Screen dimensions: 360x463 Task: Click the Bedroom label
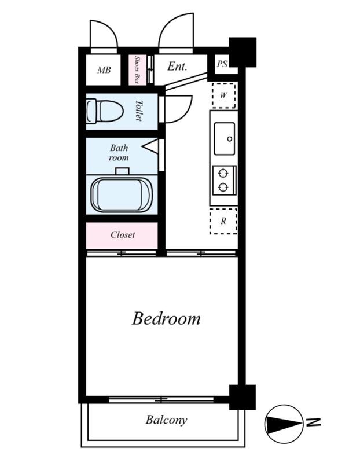(x=166, y=319)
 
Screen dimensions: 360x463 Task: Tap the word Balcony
(x=166, y=420)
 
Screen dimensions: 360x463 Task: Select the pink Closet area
(x=122, y=236)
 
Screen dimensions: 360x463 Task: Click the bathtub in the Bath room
(x=122, y=194)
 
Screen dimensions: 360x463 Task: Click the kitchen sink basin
(x=225, y=139)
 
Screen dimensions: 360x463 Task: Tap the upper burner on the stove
(x=223, y=173)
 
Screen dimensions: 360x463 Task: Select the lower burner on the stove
(x=223, y=187)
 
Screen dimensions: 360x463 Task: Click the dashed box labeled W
(x=223, y=95)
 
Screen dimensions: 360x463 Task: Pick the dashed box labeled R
(x=223, y=221)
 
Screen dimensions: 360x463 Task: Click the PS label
(x=222, y=64)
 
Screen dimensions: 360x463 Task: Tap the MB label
(x=104, y=70)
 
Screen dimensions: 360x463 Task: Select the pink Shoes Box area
(x=137, y=70)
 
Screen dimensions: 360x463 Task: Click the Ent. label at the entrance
(x=177, y=66)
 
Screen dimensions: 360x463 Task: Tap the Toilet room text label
(x=138, y=111)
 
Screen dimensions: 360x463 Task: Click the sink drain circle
(x=229, y=139)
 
